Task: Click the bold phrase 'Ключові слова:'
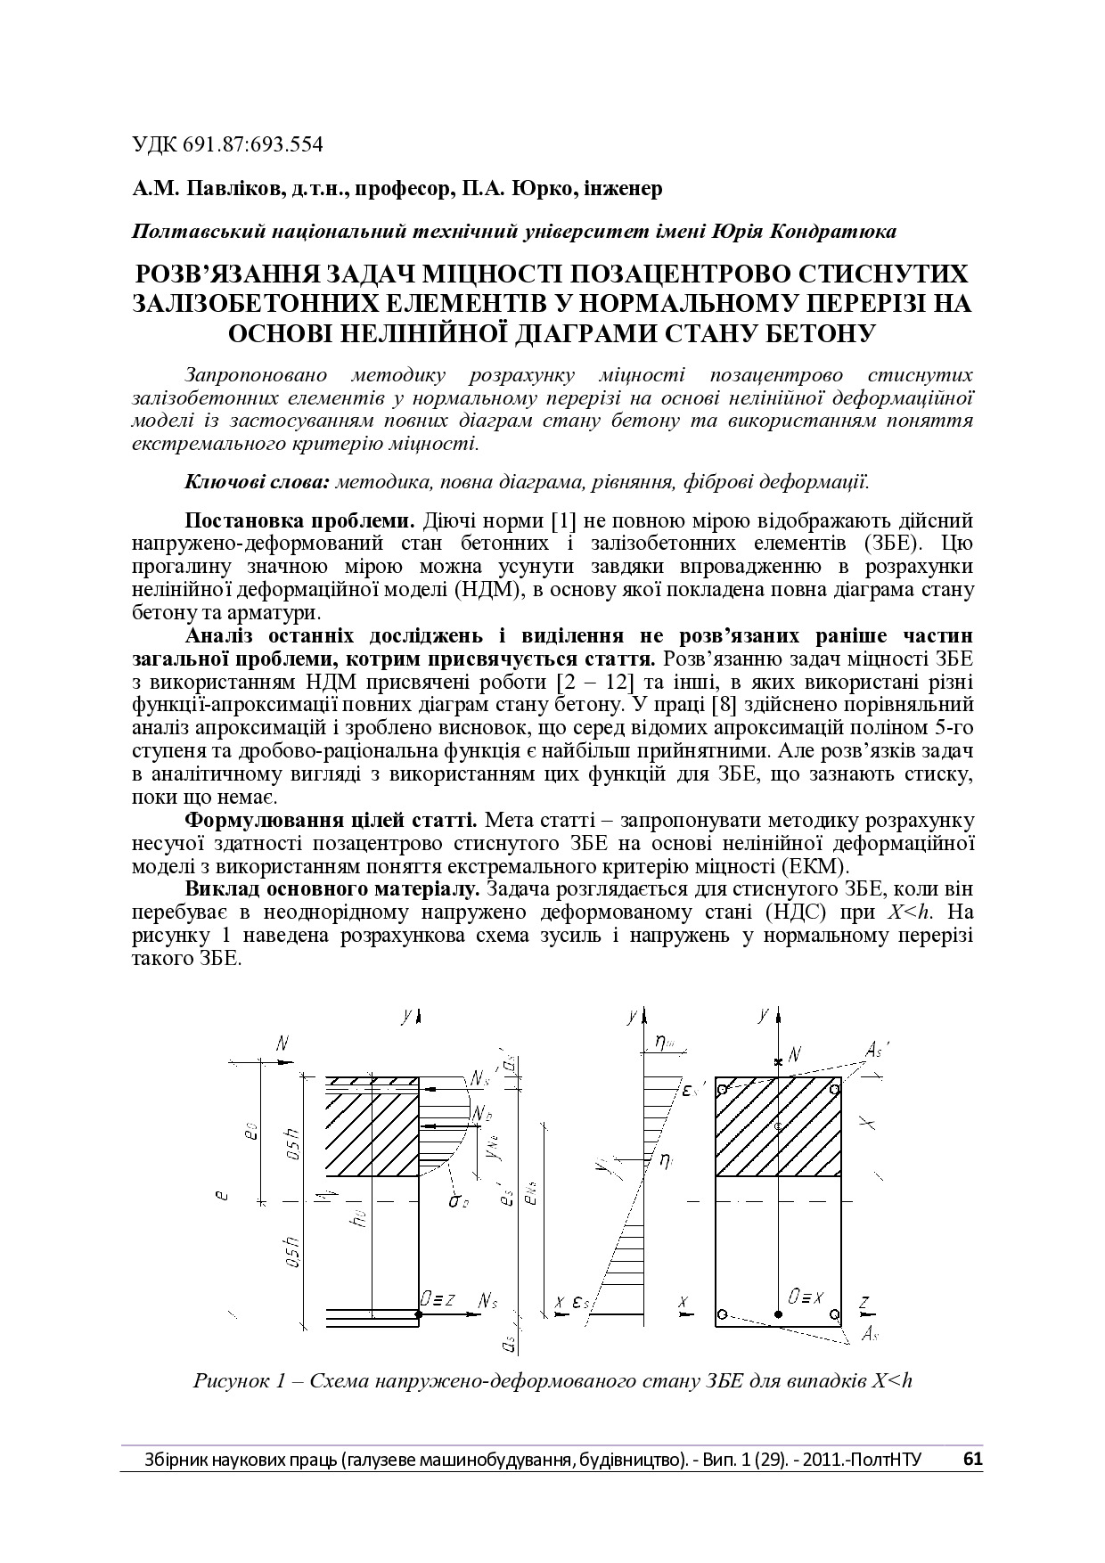258,482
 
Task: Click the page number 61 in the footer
972,1459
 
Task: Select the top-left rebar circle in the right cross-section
722,1089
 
